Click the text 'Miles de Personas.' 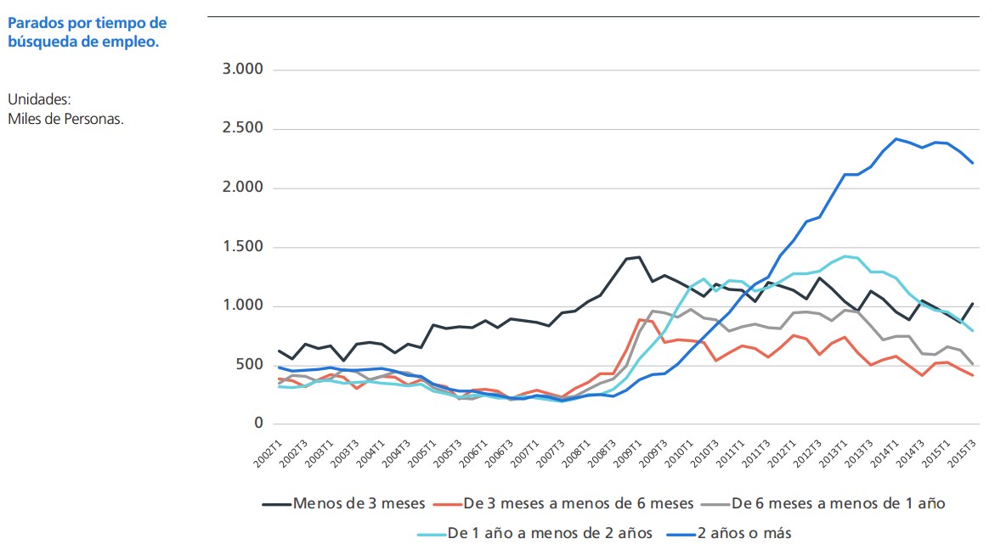click(x=66, y=118)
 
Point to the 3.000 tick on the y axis click(x=243, y=70)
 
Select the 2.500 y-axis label click(x=243, y=129)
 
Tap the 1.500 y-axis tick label click(x=243, y=247)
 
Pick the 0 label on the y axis click(x=259, y=424)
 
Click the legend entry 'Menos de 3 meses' click(x=358, y=503)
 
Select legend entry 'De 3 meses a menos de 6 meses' click(x=578, y=503)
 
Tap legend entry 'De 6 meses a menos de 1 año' click(x=838, y=503)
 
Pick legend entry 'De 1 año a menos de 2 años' click(x=549, y=533)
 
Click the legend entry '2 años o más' click(x=744, y=533)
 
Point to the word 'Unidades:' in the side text click(x=45, y=99)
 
